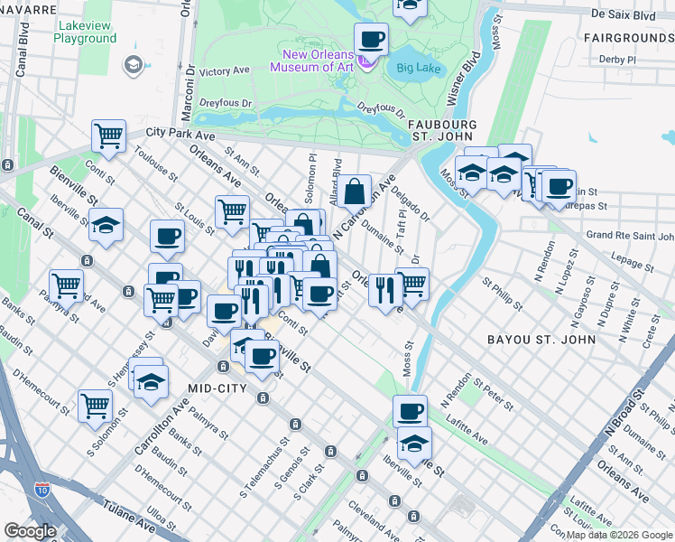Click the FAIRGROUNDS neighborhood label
[x=628, y=38]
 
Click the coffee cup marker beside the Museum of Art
[x=371, y=41]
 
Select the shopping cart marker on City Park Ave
[x=108, y=136]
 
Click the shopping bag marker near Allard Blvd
[x=356, y=192]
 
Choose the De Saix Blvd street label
[x=622, y=14]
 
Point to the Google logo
[x=30, y=531]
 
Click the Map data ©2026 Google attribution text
[x=619, y=535]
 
